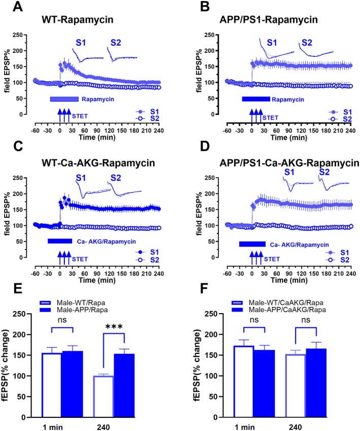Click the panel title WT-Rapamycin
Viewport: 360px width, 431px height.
click(78, 20)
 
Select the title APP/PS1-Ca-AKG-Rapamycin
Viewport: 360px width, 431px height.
click(289, 163)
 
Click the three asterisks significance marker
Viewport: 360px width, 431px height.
click(114, 327)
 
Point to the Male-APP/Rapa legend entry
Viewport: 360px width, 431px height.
click(74, 310)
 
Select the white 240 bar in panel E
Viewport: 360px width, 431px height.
click(103, 396)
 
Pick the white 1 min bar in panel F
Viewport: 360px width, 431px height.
click(243, 382)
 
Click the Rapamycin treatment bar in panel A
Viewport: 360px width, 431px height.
click(64, 99)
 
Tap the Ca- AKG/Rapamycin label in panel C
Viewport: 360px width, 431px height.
click(106, 241)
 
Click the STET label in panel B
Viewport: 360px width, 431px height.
click(271, 118)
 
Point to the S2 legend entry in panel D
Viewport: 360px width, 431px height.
click(338, 260)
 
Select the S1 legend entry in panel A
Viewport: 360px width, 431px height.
click(147, 112)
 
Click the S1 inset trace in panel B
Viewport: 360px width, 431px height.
click(277, 49)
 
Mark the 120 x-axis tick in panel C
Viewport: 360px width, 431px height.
click(109, 273)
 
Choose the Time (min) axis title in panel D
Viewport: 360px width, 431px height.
click(289, 281)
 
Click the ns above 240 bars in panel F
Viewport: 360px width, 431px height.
click(306, 320)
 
